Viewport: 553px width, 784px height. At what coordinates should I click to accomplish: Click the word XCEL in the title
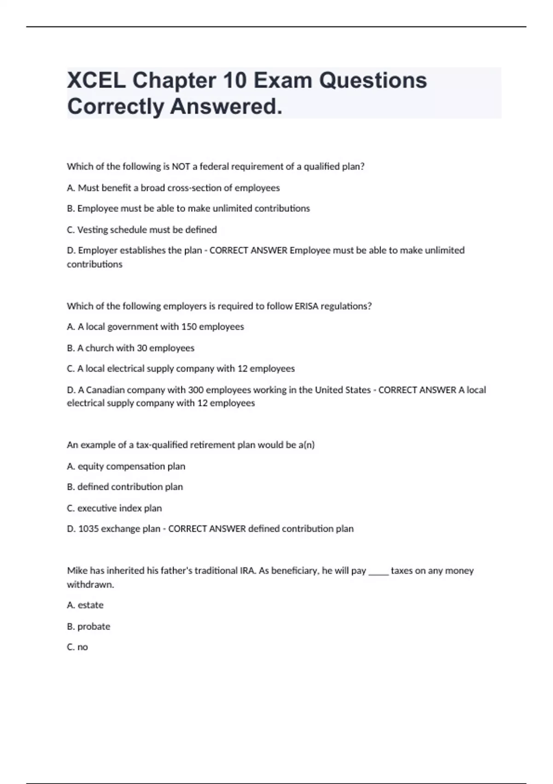pyautogui.click(x=96, y=80)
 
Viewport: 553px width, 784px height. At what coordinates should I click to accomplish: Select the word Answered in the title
pyautogui.click(x=226, y=107)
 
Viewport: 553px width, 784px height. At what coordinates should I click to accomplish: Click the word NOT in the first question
pyautogui.click(x=181, y=166)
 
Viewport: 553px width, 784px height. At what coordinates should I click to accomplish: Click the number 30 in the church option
pyautogui.click(x=142, y=348)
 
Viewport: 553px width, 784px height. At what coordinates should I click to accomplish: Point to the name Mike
pyautogui.click(x=77, y=570)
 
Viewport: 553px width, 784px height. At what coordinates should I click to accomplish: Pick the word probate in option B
pyautogui.click(x=94, y=627)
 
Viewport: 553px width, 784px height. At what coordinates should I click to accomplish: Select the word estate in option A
pyautogui.click(x=91, y=605)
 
